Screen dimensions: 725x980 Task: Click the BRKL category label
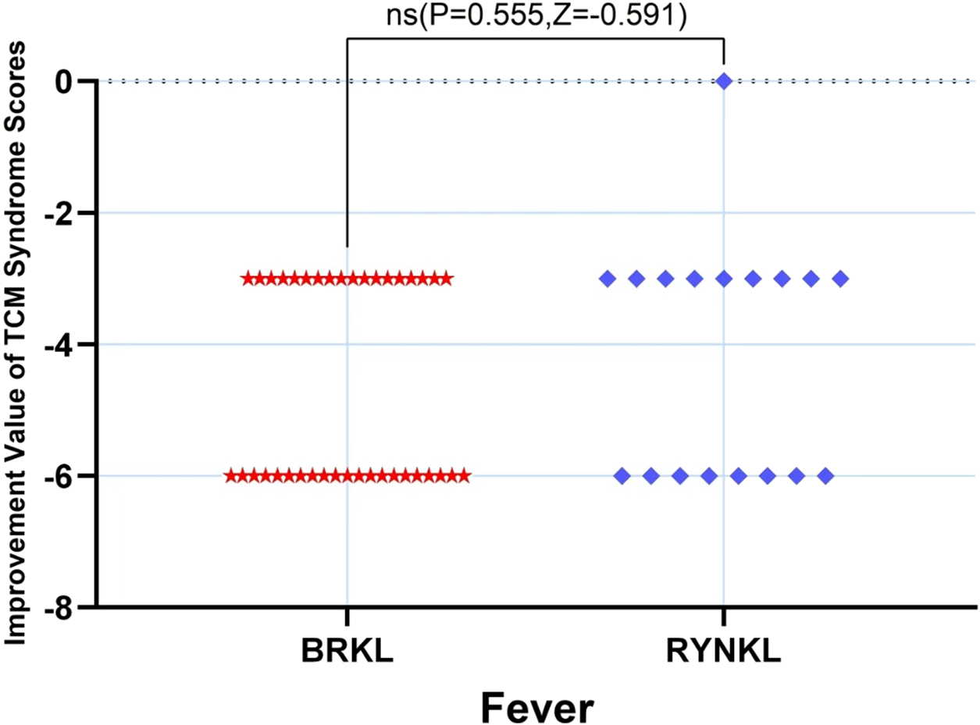pos(347,649)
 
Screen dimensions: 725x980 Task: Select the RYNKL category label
pos(724,649)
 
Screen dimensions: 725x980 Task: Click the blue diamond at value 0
pos(724,80)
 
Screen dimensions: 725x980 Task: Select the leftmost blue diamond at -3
pos(608,279)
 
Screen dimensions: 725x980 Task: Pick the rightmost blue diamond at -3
pos(840,279)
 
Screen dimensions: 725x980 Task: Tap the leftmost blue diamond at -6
pos(622,475)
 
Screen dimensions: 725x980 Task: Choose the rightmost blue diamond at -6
pos(825,475)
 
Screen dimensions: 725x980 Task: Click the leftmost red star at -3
pos(248,279)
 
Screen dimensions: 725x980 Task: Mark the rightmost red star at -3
pos(446,279)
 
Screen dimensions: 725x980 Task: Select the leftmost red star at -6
pos(231,475)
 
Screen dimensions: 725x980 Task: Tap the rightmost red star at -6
pos(464,475)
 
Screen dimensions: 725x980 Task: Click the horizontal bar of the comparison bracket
pos(536,38)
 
